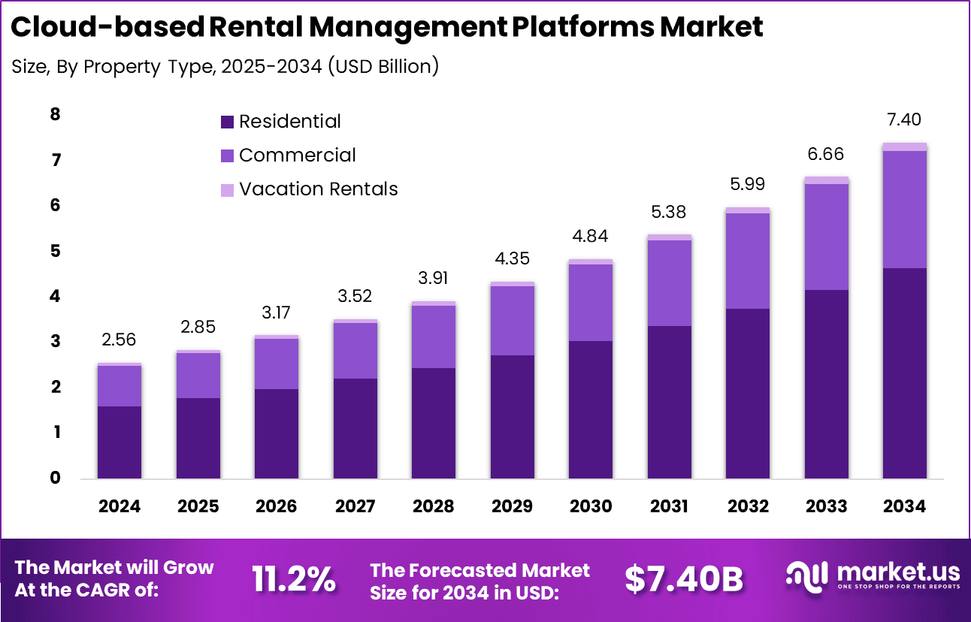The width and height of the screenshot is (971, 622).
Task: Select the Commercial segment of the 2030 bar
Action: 591,303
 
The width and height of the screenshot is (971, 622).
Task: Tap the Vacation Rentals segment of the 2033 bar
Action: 826,180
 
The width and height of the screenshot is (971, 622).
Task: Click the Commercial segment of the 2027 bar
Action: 355,351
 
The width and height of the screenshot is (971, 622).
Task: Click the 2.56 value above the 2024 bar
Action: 119,340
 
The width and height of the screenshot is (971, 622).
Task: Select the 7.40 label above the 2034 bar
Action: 904,120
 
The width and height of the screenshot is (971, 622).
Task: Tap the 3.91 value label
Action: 434,279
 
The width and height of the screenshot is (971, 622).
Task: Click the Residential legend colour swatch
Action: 228,122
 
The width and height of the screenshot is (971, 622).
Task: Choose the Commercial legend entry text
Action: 297,155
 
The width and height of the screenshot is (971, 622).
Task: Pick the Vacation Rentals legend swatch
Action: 228,189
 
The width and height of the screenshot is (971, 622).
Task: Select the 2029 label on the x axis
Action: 512,506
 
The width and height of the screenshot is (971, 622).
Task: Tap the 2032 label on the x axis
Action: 748,506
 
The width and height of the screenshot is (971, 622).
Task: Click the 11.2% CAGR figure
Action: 293,579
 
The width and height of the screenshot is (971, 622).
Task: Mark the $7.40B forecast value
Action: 683,579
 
